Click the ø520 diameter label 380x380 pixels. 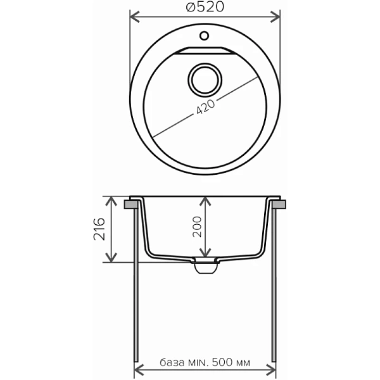205,7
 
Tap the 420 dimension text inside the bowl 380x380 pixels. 205,107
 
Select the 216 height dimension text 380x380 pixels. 99,229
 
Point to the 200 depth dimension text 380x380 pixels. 197,227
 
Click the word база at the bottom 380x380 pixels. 172,363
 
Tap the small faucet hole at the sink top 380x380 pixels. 205,35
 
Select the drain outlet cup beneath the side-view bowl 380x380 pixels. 205,269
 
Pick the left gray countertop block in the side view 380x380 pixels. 132,204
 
